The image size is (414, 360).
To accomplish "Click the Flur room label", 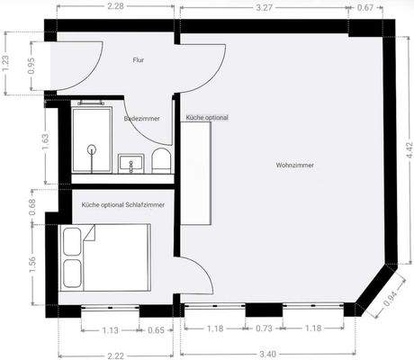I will click(139, 60).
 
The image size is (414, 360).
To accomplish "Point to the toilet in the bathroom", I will click(160, 161).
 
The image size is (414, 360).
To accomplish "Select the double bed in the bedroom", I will click(104, 256).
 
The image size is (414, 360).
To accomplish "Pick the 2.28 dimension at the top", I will click(115, 8).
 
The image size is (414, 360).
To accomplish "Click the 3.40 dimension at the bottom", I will click(267, 353).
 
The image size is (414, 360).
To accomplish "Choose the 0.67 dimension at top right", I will click(366, 8).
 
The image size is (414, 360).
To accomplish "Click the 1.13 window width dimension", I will click(112, 329).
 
